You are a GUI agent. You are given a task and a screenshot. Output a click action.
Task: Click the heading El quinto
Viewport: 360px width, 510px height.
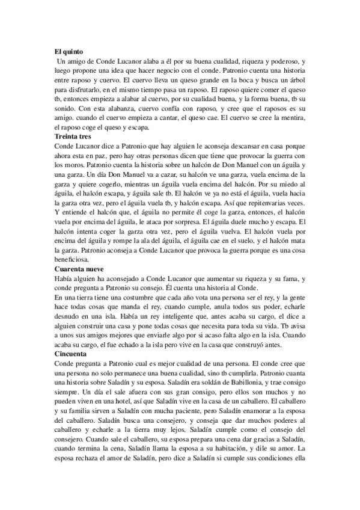(x=67, y=53)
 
